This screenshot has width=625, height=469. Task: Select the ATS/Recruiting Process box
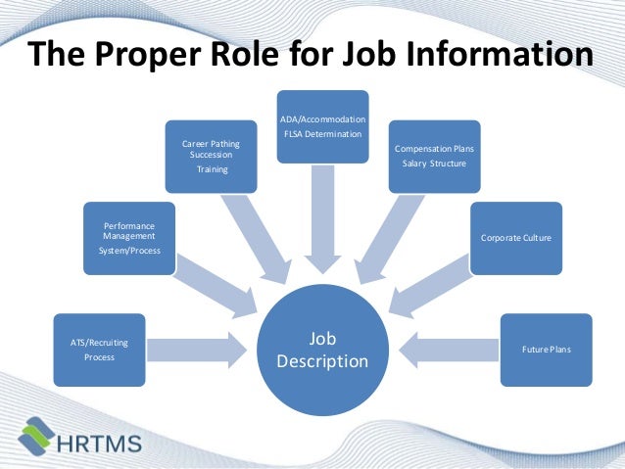(x=100, y=350)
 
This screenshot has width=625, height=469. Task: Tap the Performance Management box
(x=130, y=237)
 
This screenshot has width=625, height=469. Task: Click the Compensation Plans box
(x=435, y=155)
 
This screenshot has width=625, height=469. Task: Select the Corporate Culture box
(x=516, y=238)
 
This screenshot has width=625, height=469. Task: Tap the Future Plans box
(x=546, y=350)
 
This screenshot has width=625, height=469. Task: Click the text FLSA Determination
(x=322, y=133)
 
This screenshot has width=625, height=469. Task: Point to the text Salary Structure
(x=435, y=163)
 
